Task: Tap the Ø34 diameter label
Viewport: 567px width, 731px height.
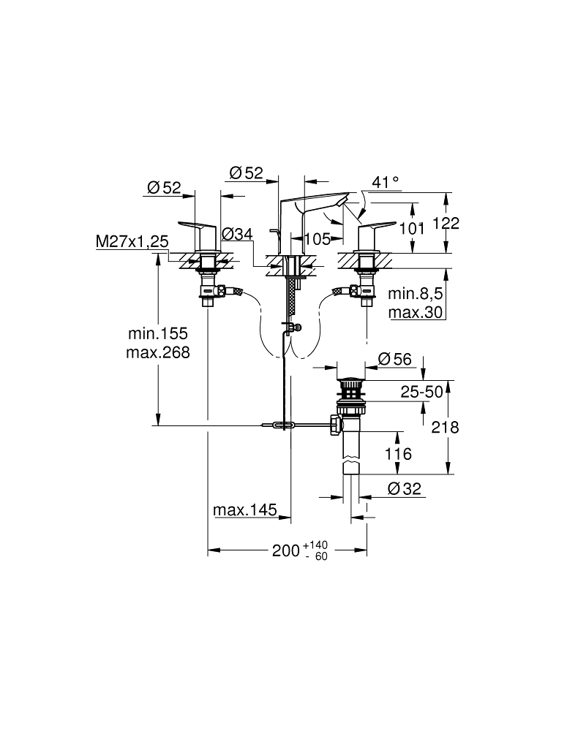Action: pos(236,234)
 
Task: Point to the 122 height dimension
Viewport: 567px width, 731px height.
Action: pos(445,224)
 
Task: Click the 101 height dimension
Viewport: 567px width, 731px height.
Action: pos(413,228)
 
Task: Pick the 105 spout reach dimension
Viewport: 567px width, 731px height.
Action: pos(317,238)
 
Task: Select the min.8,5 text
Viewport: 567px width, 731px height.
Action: pos(416,294)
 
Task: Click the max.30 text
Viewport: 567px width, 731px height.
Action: pos(416,312)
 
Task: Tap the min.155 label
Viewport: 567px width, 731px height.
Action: pos(159,333)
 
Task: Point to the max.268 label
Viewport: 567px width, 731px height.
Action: pos(159,352)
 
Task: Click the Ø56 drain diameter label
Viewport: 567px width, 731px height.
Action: pos(395,359)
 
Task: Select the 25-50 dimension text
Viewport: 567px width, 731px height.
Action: pos(421,393)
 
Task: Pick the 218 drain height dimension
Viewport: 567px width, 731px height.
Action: pos(445,427)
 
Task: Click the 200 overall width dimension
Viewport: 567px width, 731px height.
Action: pos(285,551)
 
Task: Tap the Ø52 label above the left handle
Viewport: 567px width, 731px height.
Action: pos(163,188)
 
